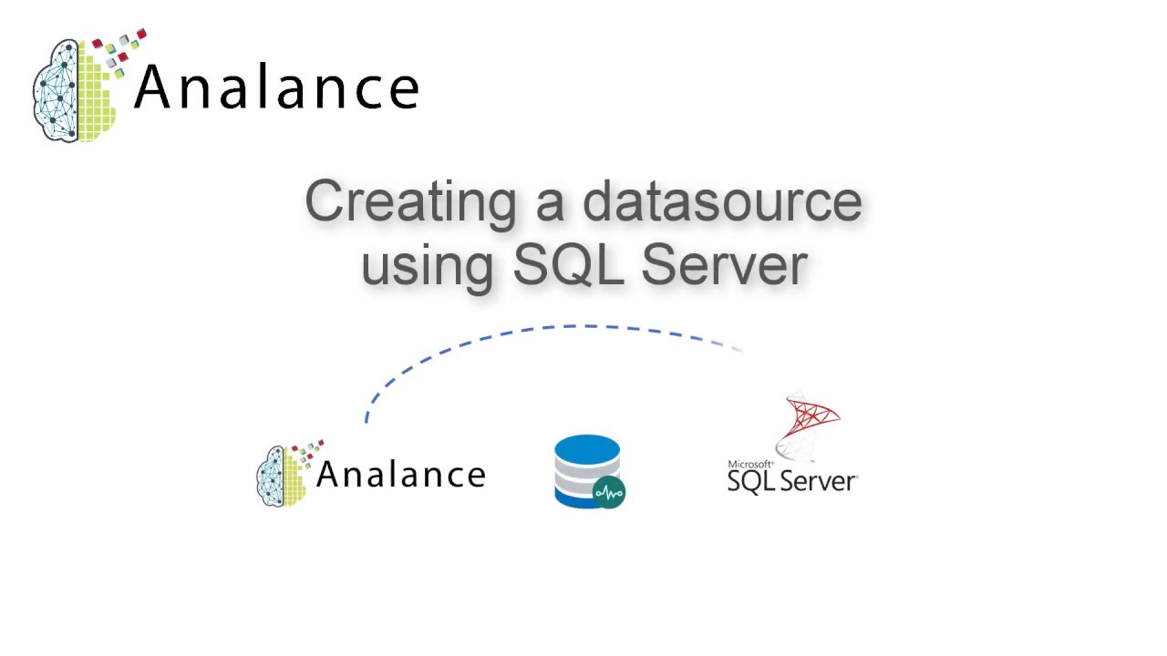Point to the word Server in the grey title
click(x=724, y=263)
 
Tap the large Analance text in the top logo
click(x=276, y=88)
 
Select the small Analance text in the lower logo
click(x=400, y=474)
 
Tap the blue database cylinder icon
click(x=586, y=469)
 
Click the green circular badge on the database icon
click(x=609, y=493)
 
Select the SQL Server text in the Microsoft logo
click(x=791, y=481)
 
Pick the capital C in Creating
click(x=325, y=202)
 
